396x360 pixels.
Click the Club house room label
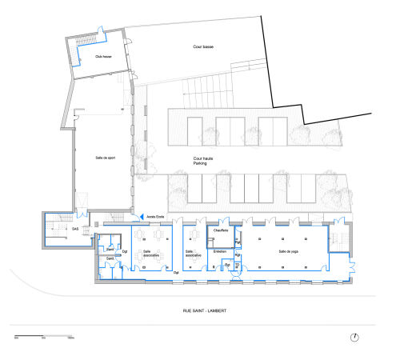(102, 57)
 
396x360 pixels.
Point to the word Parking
(200, 164)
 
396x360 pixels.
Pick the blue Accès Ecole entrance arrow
(140, 216)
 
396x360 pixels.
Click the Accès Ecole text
(156, 216)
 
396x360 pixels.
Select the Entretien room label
(220, 251)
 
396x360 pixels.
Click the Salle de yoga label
(289, 251)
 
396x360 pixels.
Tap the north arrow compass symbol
(354, 338)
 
